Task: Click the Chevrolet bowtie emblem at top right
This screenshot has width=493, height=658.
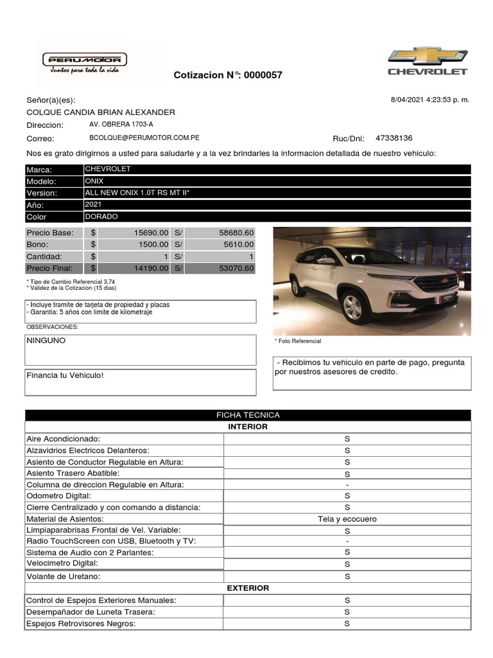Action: click(428, 55)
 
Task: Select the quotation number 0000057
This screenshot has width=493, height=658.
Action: click(262, 75)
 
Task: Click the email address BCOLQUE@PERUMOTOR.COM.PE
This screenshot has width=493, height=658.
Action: click(144, 138)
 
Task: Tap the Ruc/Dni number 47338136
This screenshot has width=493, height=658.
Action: click(394, 138)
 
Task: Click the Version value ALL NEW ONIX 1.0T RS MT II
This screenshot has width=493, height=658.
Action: click(137, 193)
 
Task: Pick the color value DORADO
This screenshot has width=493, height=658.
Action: click(101, 217)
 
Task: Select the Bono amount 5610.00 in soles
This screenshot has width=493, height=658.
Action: click(236, 245)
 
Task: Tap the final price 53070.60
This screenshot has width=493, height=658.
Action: click(234, 269)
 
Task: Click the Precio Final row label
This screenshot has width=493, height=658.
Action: click(50, 269)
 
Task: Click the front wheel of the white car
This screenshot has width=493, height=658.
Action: click(352, 305)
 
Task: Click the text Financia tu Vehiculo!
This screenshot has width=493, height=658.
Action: click(65, 375)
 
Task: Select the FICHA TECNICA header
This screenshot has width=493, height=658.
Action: click(248, 415)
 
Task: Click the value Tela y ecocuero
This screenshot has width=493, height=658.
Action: click(347, 519)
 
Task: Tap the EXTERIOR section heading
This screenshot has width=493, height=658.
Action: click(248, 588)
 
